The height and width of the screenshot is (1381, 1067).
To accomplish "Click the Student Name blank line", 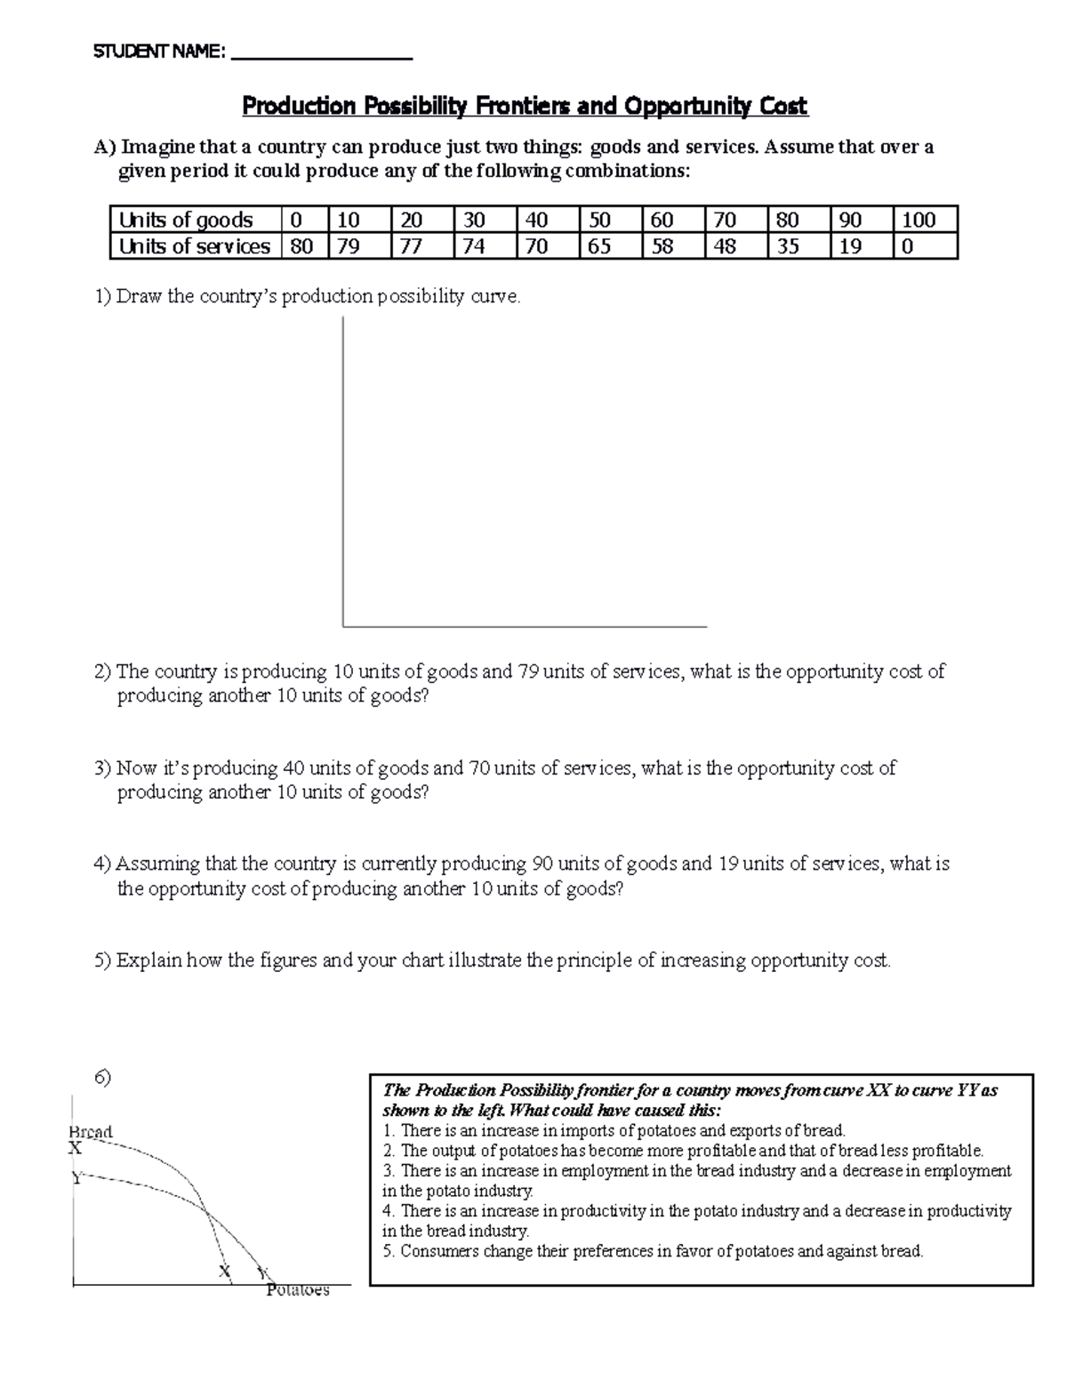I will pos(321,55).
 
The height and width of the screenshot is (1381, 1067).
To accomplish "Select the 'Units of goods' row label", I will pos(186,220).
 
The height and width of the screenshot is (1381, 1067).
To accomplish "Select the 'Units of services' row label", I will pos(195,246).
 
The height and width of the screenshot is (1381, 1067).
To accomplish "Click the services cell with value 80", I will pos(301,246).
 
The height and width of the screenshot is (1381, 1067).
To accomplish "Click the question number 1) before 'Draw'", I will pos(103,297).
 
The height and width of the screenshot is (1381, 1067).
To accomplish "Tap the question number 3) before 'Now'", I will pos(103,768).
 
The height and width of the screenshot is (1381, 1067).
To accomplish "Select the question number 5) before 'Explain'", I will pos(103,960).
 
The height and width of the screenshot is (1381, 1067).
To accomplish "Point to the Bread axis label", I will pos(91,1132).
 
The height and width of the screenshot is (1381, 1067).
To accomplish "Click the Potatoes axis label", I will pos(297,1290).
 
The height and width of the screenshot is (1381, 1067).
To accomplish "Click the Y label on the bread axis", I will pos(77,1178).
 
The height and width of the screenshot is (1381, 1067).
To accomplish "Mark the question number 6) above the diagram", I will pos(103,1078).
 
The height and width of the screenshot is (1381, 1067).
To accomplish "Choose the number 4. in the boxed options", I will pos(389,1211).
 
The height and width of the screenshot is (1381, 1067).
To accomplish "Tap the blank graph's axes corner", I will pos(343,626).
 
